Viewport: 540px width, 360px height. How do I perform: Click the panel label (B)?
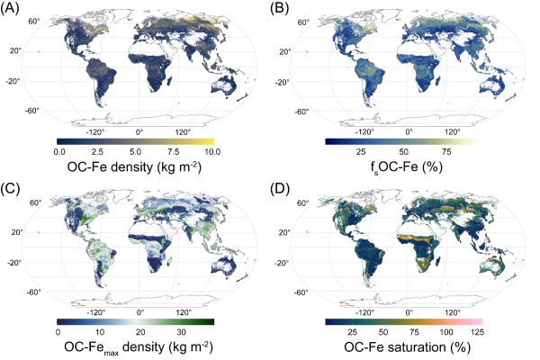286,10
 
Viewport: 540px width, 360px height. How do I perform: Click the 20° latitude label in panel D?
304,230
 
